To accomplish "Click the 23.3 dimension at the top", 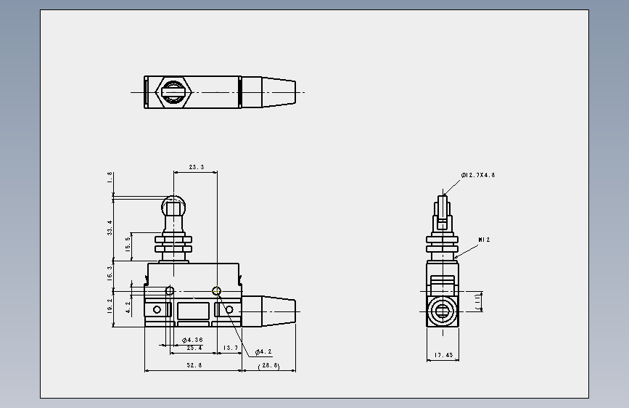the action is (196, 167).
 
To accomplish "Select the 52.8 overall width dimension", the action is (194, 365).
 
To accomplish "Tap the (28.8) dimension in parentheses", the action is (269, 365).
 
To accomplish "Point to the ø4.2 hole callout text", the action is (263, 352).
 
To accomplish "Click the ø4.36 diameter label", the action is (192, 340).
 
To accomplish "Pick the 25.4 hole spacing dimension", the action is (194, 348).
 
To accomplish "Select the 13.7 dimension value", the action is (230, 348).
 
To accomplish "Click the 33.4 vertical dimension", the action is (110, 228).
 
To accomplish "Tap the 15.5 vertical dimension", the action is (128, 245).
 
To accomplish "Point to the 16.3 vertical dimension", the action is (110, 274).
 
